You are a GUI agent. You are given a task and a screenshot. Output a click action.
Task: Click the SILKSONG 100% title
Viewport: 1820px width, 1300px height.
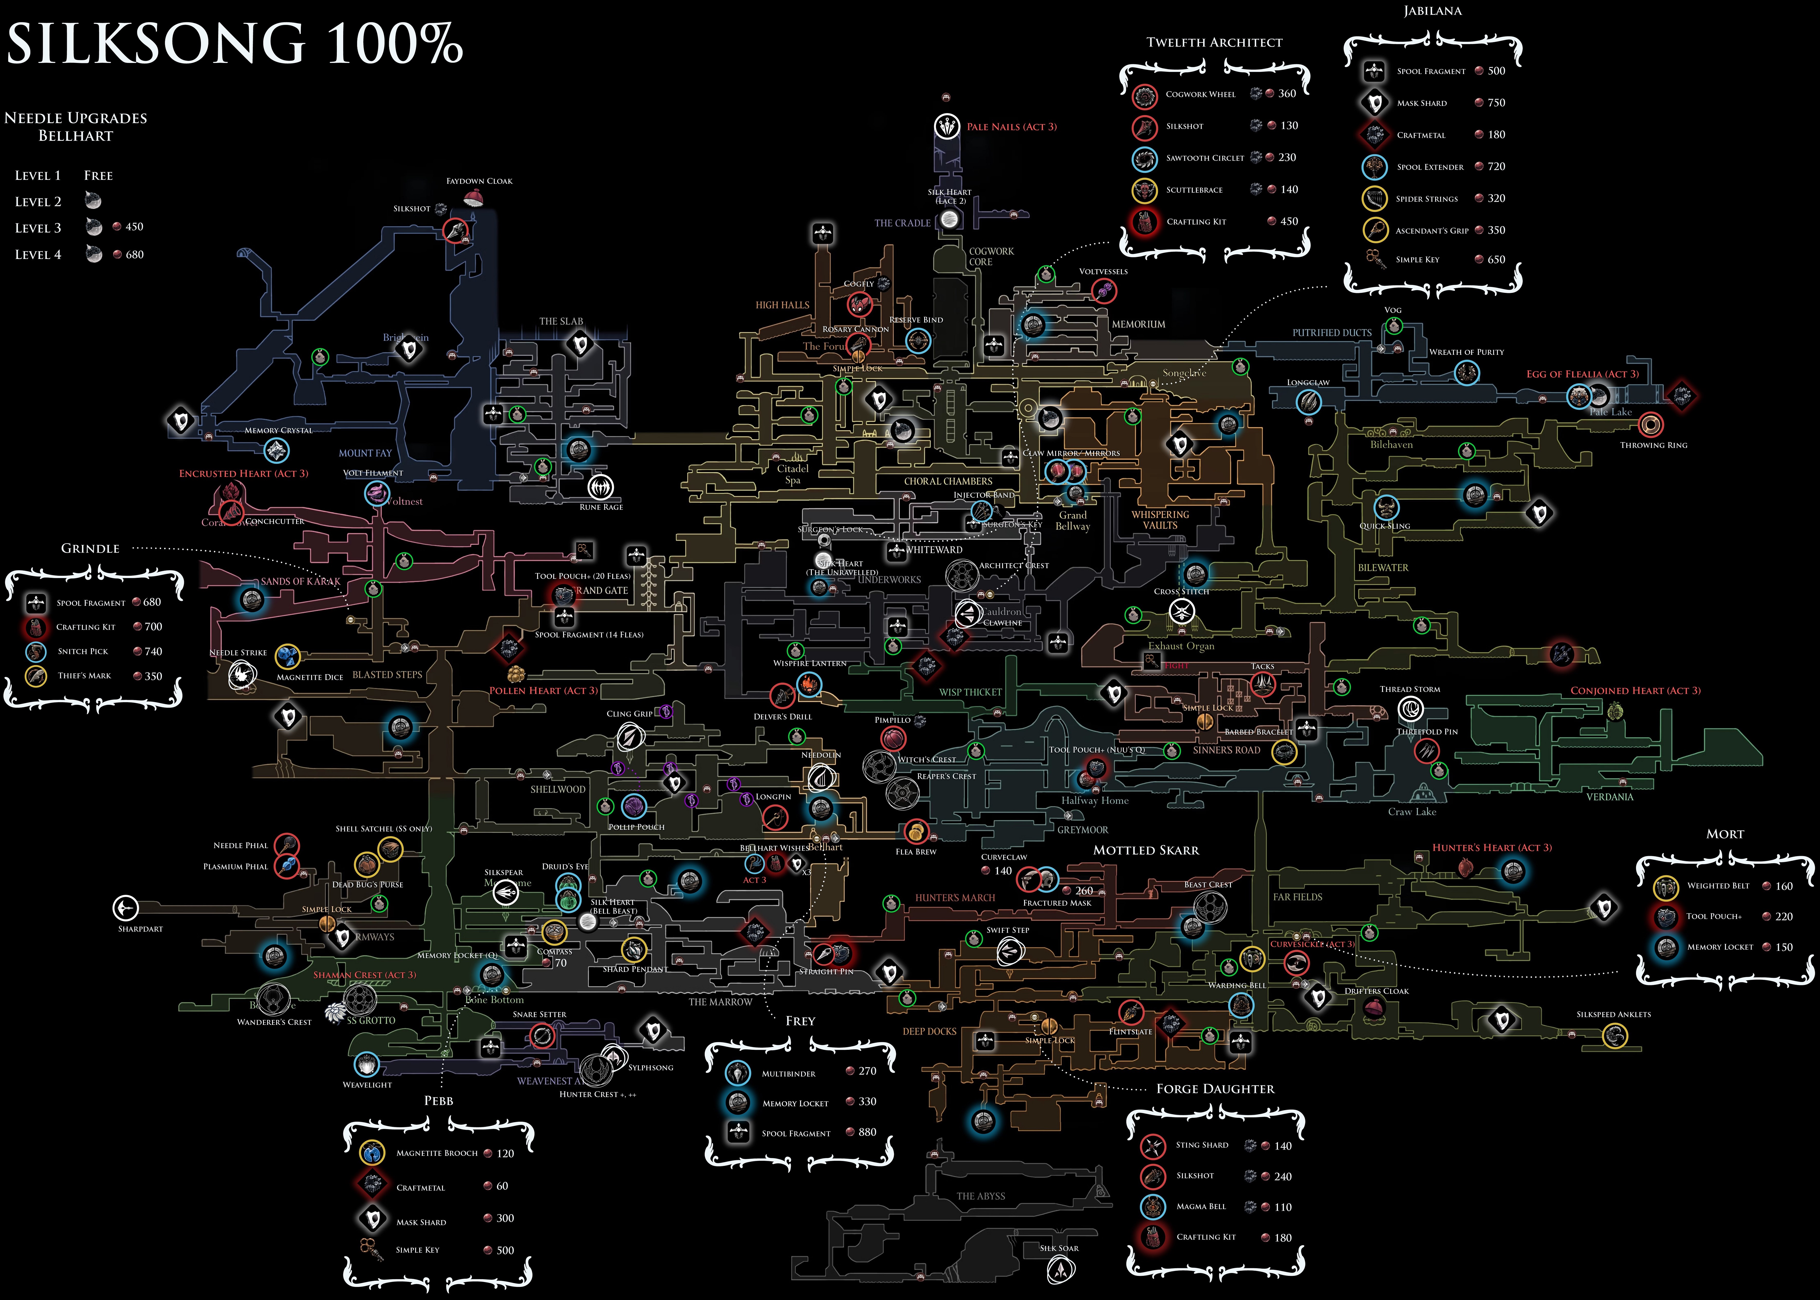pyautogui.click(x=235, y=44)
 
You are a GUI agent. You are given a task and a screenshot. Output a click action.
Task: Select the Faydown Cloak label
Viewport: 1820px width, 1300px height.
pyautogui.click(x=479, y=181)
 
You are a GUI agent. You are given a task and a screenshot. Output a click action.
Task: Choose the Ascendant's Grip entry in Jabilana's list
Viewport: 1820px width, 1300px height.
pyautogui.click(x=1432, y=230)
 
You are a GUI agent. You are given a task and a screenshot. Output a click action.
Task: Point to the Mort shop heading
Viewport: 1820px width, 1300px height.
pyautogui.click(x=1725, y=834)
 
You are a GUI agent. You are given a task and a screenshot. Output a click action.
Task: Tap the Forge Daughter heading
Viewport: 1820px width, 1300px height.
pyautogui.click(x=1215, y=1089)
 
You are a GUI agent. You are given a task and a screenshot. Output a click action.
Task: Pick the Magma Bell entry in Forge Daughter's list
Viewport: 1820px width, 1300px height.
pyautogui.click(x=1201, y=1206)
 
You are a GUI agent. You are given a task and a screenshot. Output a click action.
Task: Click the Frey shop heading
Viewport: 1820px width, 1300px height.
pyautogui.click(x=800, y=1021)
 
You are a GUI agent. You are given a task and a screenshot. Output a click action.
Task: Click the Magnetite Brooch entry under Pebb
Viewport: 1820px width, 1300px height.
pyautogui.click(x=436, y=1154)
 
